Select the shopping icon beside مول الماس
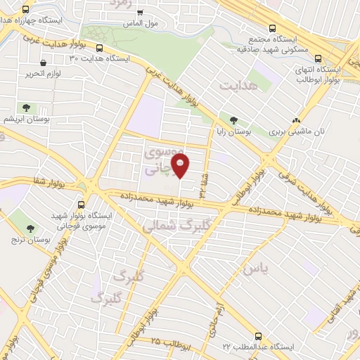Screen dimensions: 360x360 (140, 12)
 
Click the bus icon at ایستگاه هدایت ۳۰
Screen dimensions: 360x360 (99, 49)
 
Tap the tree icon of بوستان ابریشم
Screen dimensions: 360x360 (26, 108)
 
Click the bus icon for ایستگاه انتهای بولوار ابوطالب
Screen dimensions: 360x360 (319, 59)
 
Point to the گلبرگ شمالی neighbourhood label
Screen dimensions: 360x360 (168, 227)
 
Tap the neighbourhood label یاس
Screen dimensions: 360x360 (251, 269)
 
